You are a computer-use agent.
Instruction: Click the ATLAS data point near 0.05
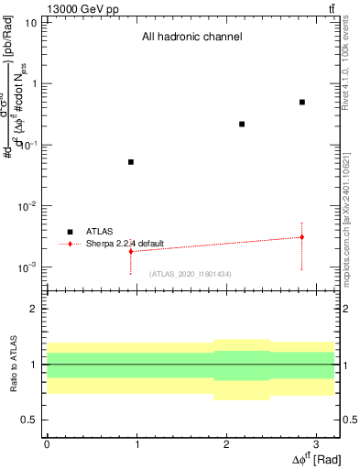(131, 162)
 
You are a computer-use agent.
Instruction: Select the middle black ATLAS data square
(242, 124)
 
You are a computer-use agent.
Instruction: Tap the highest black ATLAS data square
(301, 102)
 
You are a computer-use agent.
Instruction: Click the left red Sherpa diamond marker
(131, 251)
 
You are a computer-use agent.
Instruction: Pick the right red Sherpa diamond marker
(301, 237)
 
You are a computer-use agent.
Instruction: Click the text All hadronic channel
(191, 38)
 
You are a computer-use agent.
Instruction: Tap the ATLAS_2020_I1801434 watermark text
(190, 274)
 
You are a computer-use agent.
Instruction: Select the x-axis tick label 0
(47, 444)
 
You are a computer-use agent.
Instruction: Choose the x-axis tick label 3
(315, 444)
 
